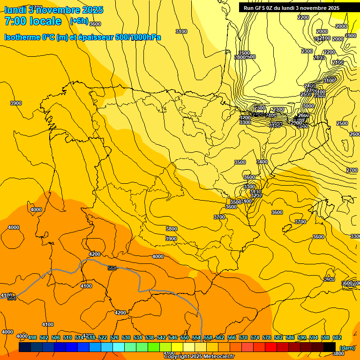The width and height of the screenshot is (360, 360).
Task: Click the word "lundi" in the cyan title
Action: tap(15, 9)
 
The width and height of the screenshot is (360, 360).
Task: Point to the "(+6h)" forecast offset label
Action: tap(79, 21)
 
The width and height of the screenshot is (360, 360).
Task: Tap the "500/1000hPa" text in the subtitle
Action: tap(135, 37)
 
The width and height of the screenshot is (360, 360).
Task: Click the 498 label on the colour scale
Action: tap(32, 337)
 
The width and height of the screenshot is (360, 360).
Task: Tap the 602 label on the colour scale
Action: tap(337, 337)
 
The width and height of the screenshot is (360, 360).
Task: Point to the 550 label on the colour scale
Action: tap(185, 337)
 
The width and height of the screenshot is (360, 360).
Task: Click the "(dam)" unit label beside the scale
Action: tap(347, 347)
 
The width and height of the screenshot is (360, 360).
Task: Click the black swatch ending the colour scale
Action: tap(330, 347)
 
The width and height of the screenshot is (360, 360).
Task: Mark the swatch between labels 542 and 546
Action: tap(165, 347)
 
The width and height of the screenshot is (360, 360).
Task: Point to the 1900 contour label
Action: tap(350, 36)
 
